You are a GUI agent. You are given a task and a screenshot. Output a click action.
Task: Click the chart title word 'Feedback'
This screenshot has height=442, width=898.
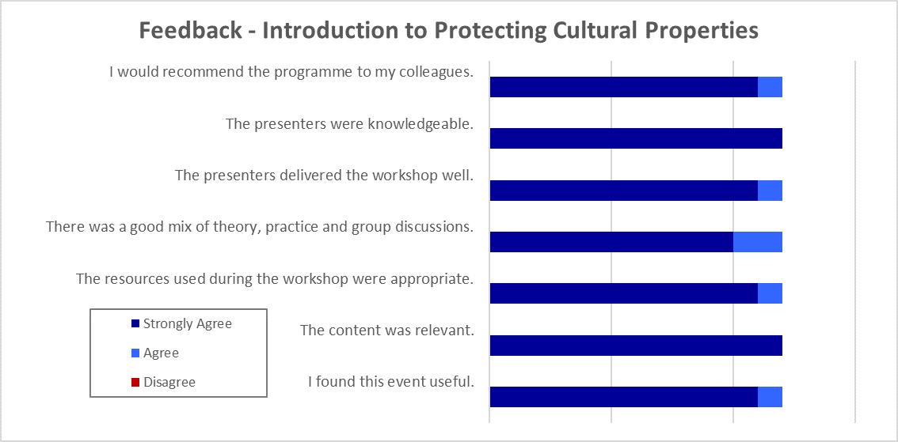click(191, 30)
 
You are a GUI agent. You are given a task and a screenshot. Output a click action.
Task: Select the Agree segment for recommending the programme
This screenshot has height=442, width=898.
click(770, 87)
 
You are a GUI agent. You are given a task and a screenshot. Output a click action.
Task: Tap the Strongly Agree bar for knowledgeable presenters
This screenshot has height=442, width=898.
click(636, 139)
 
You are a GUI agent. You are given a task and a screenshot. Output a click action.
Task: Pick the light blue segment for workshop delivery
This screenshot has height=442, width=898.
click(770, 191)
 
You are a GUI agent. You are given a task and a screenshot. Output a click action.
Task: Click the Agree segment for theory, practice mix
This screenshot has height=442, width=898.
click(758, 242)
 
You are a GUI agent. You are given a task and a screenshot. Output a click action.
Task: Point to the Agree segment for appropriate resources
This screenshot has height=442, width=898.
click(770, 293)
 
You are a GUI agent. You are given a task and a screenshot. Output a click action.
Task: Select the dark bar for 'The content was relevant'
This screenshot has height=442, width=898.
click(636, 346)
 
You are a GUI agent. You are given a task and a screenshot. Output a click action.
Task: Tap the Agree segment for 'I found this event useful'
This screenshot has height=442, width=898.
click(770, 397)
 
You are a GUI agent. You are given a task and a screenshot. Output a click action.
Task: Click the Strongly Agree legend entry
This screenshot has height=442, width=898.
click(181, 323)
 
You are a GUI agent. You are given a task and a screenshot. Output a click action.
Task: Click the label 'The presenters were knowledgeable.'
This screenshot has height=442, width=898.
click(348, 124)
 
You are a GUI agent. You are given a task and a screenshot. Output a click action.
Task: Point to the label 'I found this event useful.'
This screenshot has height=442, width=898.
click(390, 381)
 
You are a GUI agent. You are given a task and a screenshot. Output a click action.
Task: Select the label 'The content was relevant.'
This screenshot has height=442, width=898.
click(386, 330)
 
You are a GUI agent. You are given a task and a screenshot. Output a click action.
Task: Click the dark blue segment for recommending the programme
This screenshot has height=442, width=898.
click(624, 87)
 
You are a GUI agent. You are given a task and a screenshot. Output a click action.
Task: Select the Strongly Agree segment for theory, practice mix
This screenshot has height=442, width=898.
click(611, 242)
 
